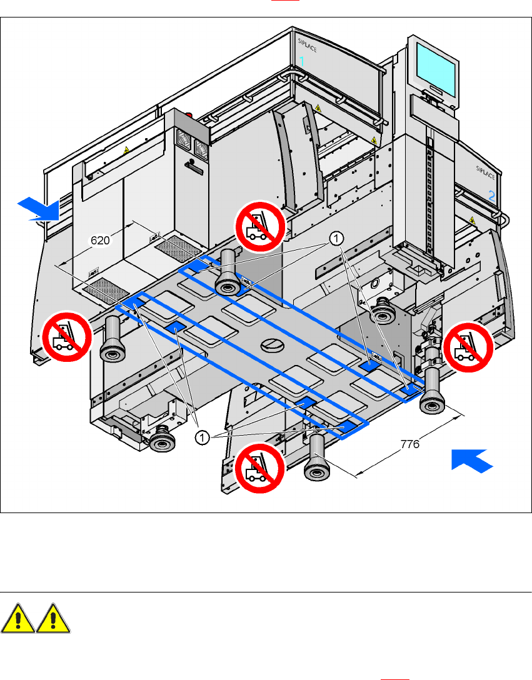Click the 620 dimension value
tap(101, 239)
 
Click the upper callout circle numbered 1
tap(336, 237)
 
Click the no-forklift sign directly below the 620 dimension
tap(66, 336)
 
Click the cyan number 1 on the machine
tap(302, 61)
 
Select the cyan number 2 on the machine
tap(491, 195)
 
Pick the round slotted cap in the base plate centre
tap(273, 344)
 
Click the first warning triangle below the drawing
tap(17, 621)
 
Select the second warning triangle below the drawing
tap(53, 621)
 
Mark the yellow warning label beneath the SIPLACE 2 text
tap(473, 220)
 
